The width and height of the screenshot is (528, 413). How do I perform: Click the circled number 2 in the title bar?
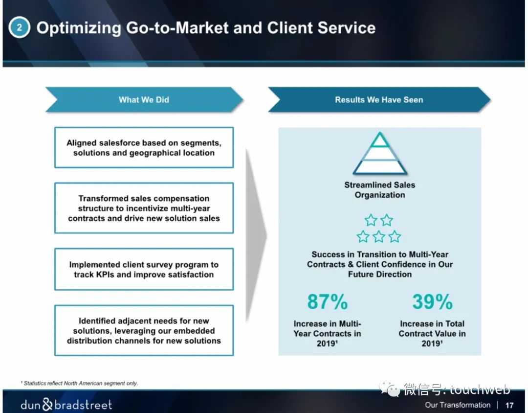coord(19,27)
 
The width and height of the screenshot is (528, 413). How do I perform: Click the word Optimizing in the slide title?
coord(78,28)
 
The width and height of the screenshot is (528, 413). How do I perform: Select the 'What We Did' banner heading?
coord(144,100)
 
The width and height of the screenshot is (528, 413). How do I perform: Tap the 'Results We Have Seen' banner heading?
coord(379,100)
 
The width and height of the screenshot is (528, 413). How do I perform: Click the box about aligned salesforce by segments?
coord(144,147)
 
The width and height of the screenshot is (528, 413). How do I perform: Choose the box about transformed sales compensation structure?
coord(144,208)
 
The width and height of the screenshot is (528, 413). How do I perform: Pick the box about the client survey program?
coord(144,269)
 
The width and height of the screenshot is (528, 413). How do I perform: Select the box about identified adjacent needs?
coord(144,330)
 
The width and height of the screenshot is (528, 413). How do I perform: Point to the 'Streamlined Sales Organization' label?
coord(379,190)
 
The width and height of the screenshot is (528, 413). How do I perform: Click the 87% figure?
coord(327,301)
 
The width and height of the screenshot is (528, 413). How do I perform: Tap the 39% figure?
coord(432,301)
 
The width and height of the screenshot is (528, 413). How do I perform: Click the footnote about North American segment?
coord(80,383)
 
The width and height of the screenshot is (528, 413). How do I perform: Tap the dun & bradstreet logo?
coord(66,404)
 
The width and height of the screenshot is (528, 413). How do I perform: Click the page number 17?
coord(509,405)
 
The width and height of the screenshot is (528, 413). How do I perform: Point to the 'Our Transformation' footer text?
coord(458,405)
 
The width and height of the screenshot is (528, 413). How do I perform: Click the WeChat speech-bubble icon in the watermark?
coord(390,389)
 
